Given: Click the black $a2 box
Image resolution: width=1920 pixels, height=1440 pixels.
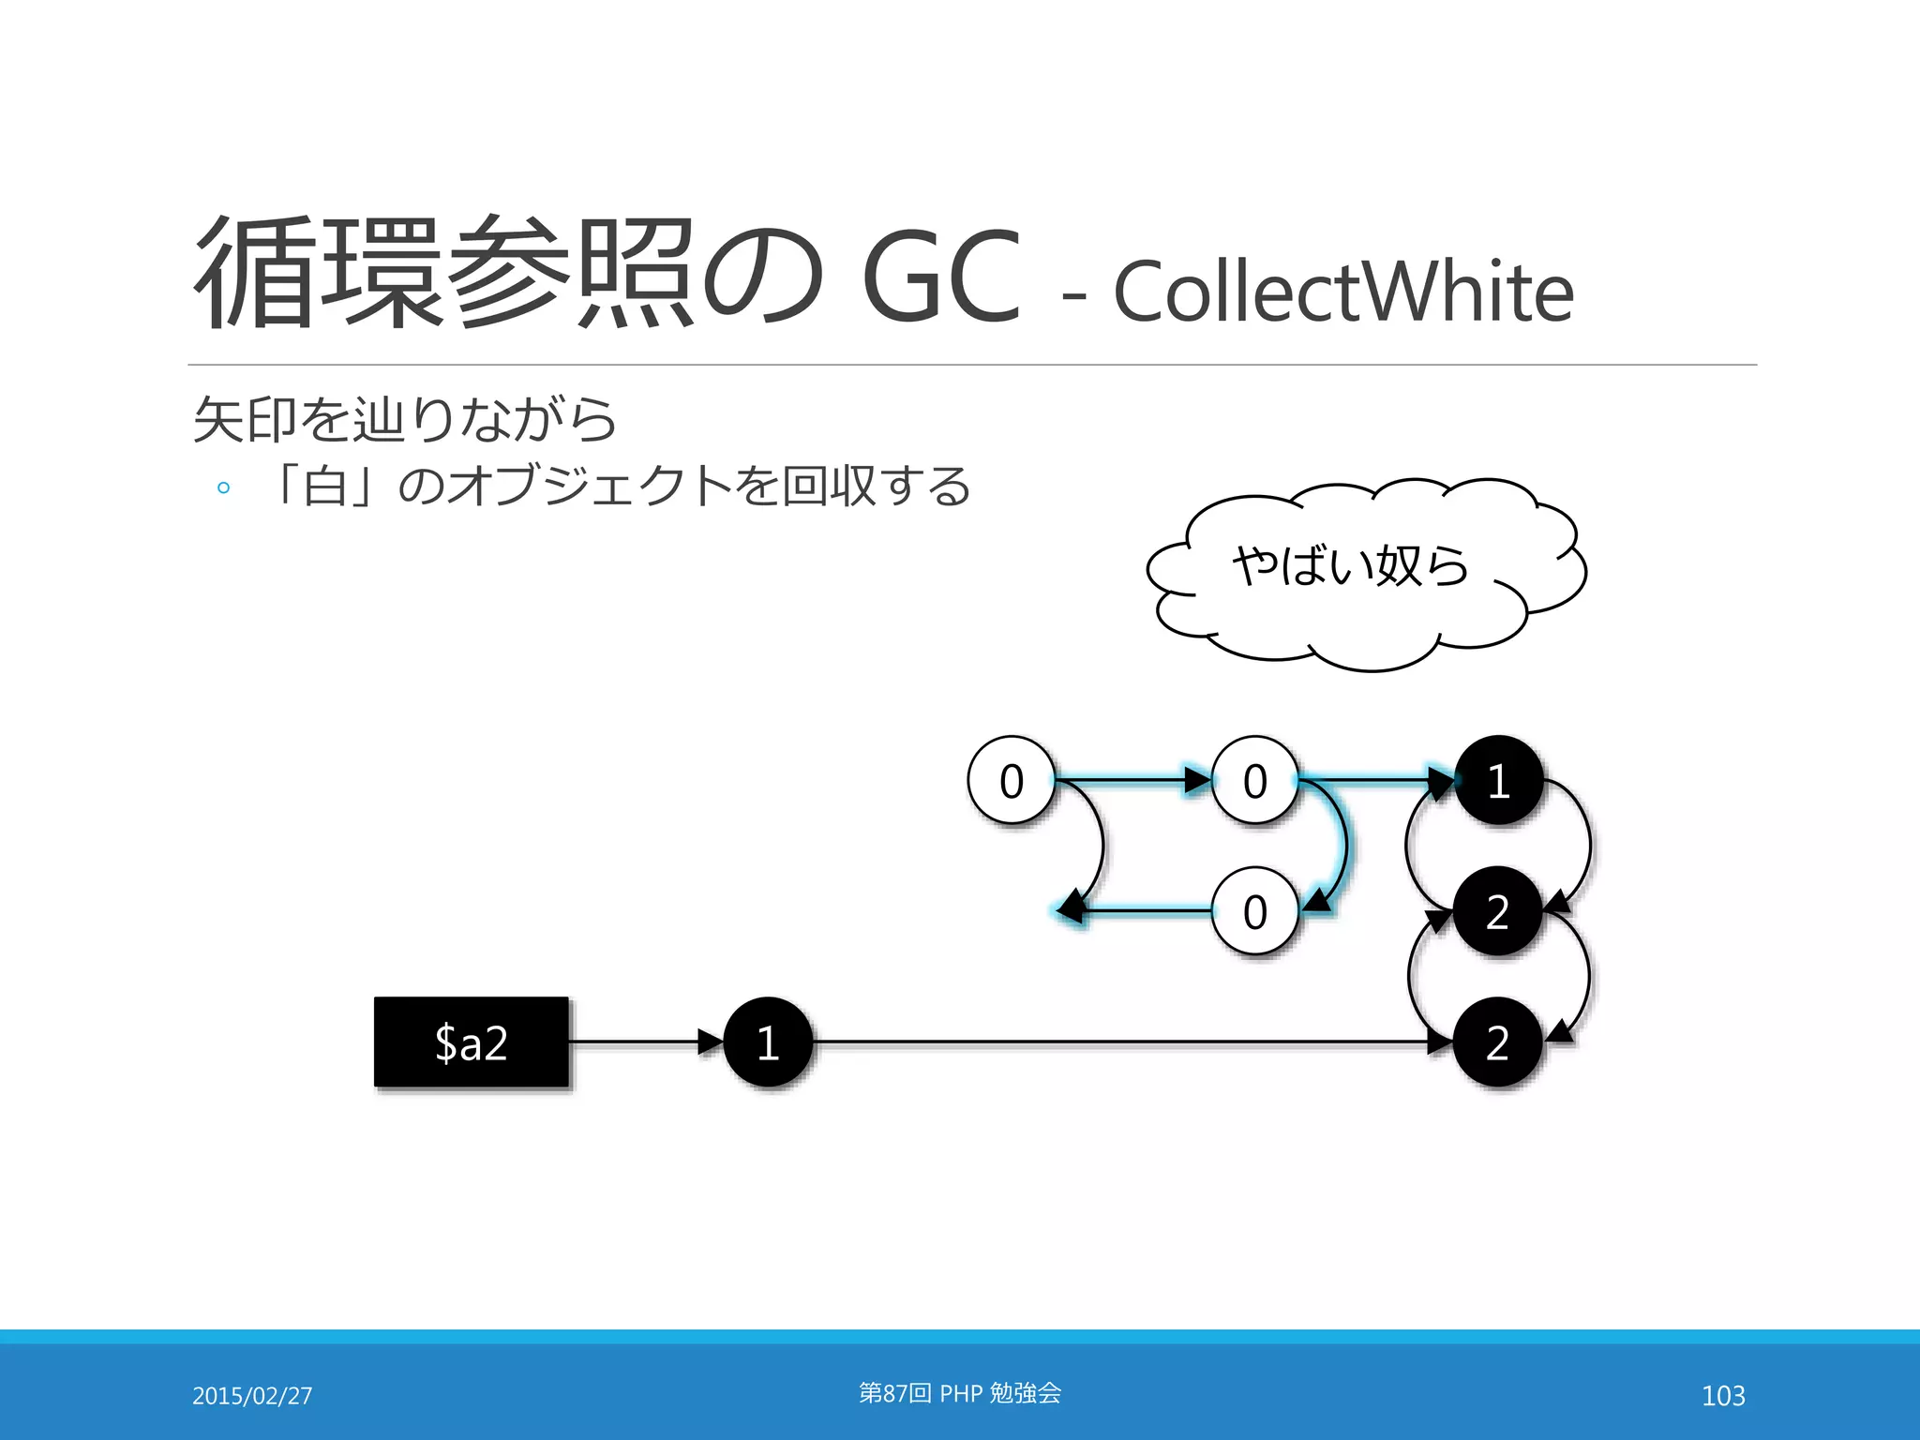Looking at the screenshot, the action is pyautogui.click(x=471, y=1042).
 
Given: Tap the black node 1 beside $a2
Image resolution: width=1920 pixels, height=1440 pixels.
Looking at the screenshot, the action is pyautogui.click(x=768, y=1042).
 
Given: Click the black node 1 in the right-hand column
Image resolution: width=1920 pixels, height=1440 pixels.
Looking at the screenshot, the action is pyautogui.click(x=1498, y=780).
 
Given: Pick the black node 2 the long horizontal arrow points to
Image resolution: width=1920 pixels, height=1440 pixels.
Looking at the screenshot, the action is pyautogui.click(x=1498, y=1042).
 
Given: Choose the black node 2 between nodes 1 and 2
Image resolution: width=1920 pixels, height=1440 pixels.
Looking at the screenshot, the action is pyautogui.click(x=1498, y=911).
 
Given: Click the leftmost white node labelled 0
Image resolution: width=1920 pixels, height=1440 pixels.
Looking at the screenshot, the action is pyautogui.click(x=1012, y=780).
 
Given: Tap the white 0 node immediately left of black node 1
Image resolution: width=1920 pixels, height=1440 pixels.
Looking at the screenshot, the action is pyautogui.click(x=1255, y=780).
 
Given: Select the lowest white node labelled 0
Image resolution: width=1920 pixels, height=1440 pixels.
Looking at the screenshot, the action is pyautogui.click(x=1255, y=911).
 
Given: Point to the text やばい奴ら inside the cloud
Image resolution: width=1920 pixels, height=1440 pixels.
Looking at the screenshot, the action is pyautogui.click(x=1350, y=565).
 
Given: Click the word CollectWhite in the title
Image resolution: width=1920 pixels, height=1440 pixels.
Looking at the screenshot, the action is pyautogui.click(x=1342, y=292).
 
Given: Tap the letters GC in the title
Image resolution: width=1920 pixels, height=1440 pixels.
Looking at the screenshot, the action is pyautogui.click(x=940, y=277).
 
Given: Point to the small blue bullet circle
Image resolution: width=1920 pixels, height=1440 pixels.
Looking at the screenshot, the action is pyautogui.click(x=223, y=487).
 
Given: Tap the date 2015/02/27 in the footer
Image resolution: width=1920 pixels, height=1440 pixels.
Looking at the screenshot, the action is pyautogui.click(x=252, y=1396).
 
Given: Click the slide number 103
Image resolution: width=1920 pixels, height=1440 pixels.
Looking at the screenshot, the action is pyautogui.click(x=1723, y=1396).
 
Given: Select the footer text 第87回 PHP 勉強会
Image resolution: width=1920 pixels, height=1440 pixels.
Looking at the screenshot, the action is pyautogui.click(x=960, y=1393).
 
